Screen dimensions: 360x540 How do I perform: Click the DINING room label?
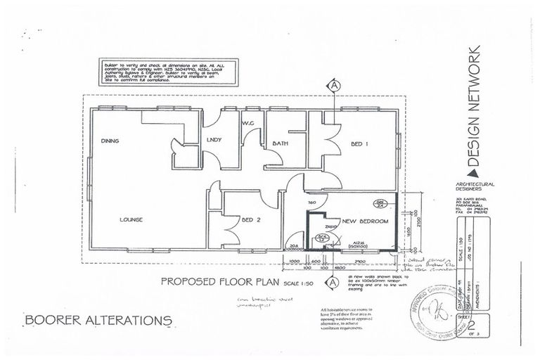pos(110,141)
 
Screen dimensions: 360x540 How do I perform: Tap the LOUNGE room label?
pos(131,219)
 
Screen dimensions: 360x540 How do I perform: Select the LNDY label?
pos(214,140)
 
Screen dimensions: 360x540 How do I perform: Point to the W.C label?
pos(248,124)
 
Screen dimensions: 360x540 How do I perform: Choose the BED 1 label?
pos(359,143)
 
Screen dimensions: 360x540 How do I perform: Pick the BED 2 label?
pos(252,219)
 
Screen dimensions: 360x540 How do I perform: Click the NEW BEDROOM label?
pos(365,221)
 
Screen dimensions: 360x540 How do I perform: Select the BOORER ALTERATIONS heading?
pos(98,321)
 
